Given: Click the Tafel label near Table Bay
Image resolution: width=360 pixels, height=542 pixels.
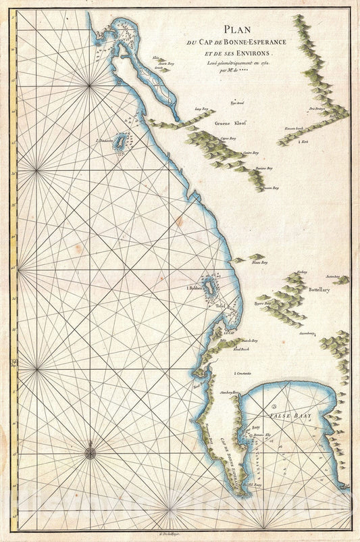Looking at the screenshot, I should pos(220,305).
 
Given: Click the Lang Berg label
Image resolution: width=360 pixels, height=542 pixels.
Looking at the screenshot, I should pos(200,108).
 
